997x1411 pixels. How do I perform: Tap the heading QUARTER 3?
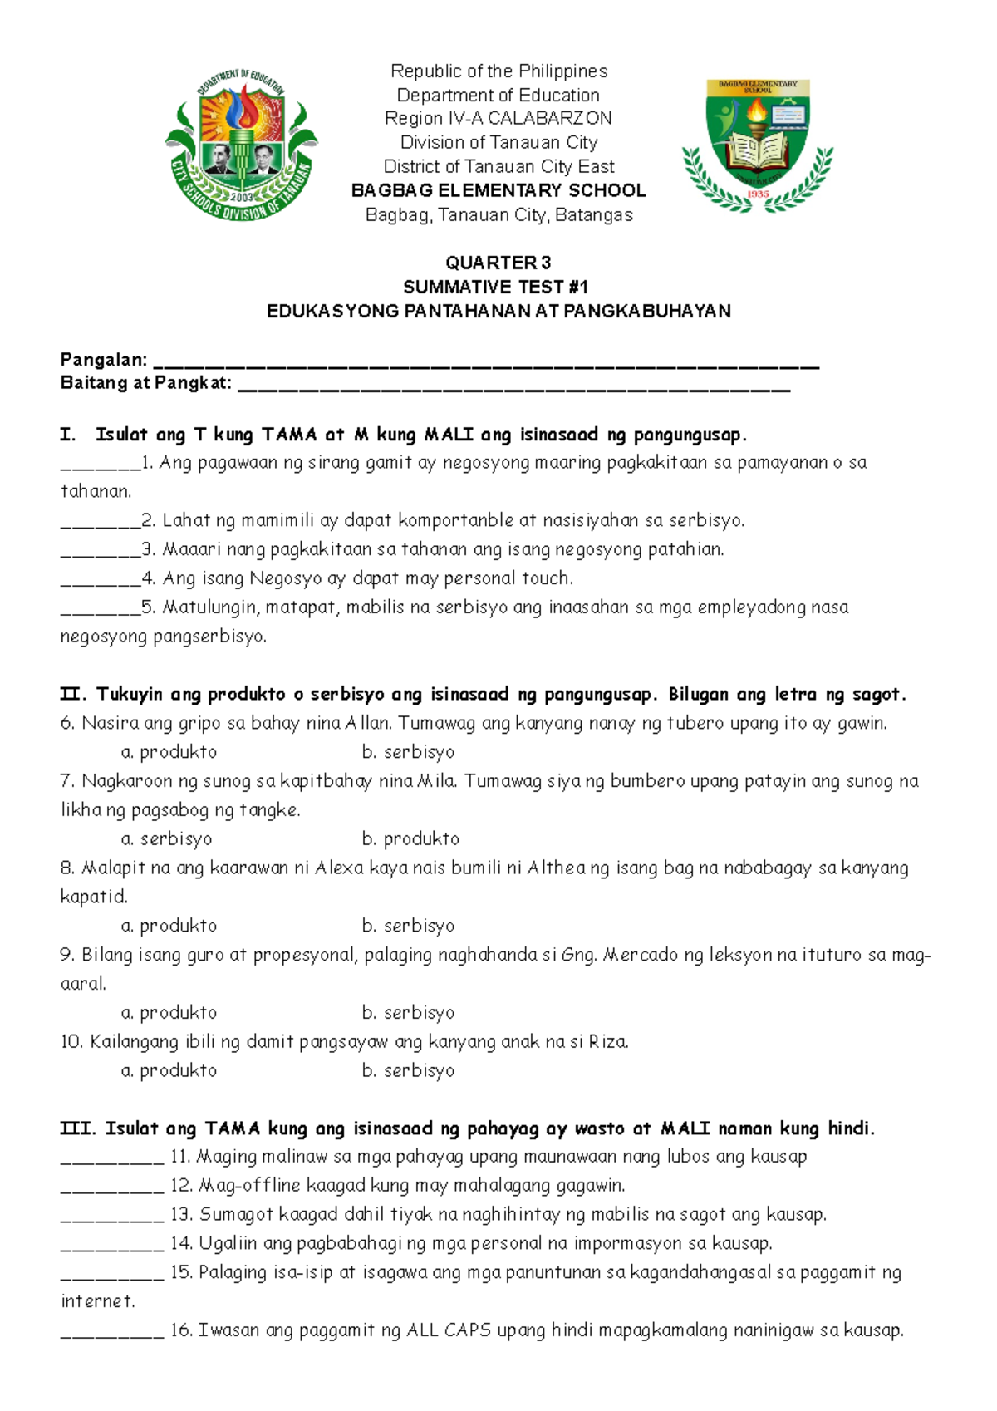click(498, 263)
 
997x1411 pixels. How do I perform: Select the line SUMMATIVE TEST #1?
click(496, 287)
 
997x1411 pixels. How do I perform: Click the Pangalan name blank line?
click(487, 364)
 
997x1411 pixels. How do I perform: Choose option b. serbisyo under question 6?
click(408, 752)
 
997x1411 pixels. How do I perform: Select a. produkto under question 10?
click(169, 1071)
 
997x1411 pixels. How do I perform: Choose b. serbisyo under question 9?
click(408, 1013)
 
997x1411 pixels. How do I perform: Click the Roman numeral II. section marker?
click(72, 694)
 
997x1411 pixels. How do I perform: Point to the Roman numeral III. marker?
click(77, 1128)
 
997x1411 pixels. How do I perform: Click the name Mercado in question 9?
click(641, 955)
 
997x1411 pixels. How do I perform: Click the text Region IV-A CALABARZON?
click(498, 118)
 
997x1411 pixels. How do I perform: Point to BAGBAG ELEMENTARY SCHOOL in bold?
click(498, 190)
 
